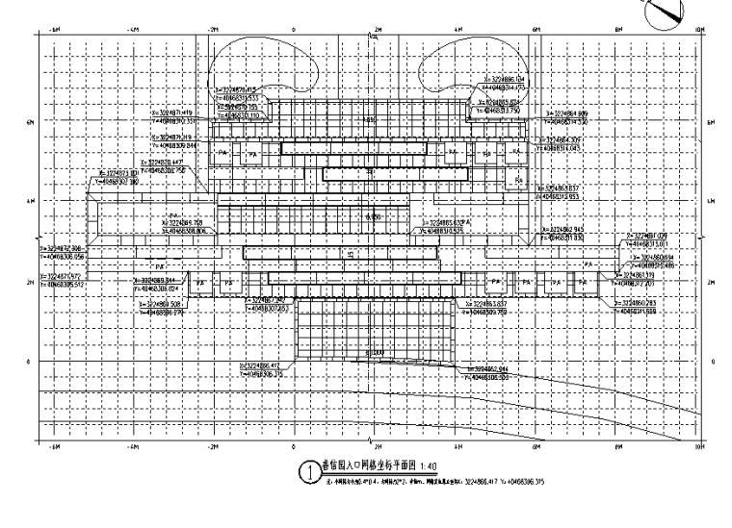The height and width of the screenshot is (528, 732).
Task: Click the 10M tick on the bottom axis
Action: click(699, 447)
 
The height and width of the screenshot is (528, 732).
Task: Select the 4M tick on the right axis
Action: click(712, 202)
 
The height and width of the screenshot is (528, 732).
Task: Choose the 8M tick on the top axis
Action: click(618, 30)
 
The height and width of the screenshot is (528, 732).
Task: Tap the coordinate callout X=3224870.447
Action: click(170, 163)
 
